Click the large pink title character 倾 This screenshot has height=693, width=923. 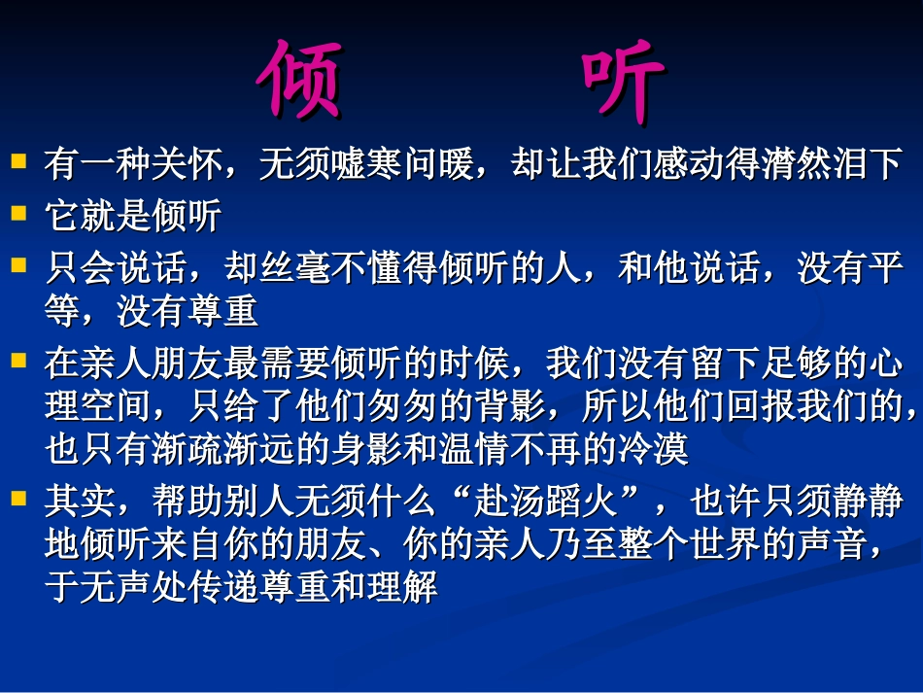[x=303, y=81]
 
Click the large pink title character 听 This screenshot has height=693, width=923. [x=623, y=81]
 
